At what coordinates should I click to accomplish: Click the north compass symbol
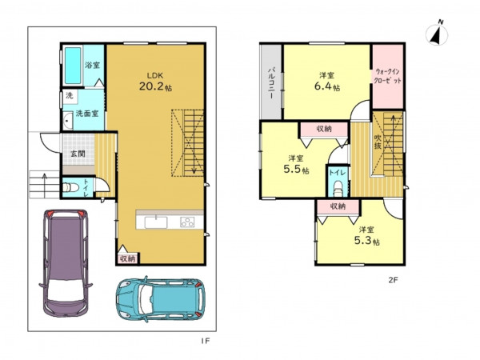click(437, 34)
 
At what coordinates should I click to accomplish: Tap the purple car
click(66, 263)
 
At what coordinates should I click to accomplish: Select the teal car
click(161, 299)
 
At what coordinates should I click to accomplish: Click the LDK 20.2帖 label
click(155, 82)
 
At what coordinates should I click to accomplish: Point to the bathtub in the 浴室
click(73, 66)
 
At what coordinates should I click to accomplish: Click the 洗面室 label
click(87, 114)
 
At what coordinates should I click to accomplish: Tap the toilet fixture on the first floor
click(70, 187)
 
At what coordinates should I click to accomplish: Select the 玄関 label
click(78, 154)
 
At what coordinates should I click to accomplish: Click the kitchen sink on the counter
click(156, 222)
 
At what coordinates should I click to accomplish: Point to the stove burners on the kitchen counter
click(187, 222)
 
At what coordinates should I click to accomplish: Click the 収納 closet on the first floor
click(128, 258)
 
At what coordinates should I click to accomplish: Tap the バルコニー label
click(271, 82)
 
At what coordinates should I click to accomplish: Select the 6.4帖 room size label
click(327, 86)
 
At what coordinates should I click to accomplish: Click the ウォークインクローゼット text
click(388, 76)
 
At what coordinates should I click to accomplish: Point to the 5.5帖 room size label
click(296, 170)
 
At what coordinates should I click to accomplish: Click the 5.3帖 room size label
click(367, 241)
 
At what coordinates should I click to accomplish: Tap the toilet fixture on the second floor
click(338, 189)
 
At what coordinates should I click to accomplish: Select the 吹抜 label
click(378, 142)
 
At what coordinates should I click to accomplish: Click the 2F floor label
click(393, 280)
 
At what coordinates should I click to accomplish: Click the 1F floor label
click(206, 341)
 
